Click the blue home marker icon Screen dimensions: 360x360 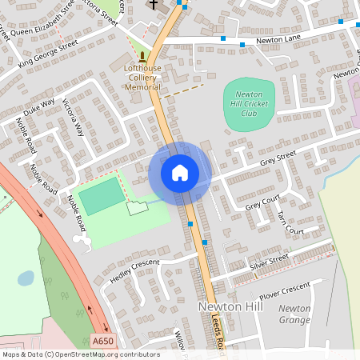[180, 173]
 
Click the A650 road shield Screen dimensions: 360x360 [102, 341]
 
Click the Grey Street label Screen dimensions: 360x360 [278, 158]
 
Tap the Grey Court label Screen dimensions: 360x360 [262, 202]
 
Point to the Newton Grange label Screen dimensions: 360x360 [294, 314]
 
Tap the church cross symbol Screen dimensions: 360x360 [152, 4]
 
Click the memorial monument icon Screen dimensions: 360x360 [142, 57]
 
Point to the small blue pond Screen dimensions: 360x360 [26, 278]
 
